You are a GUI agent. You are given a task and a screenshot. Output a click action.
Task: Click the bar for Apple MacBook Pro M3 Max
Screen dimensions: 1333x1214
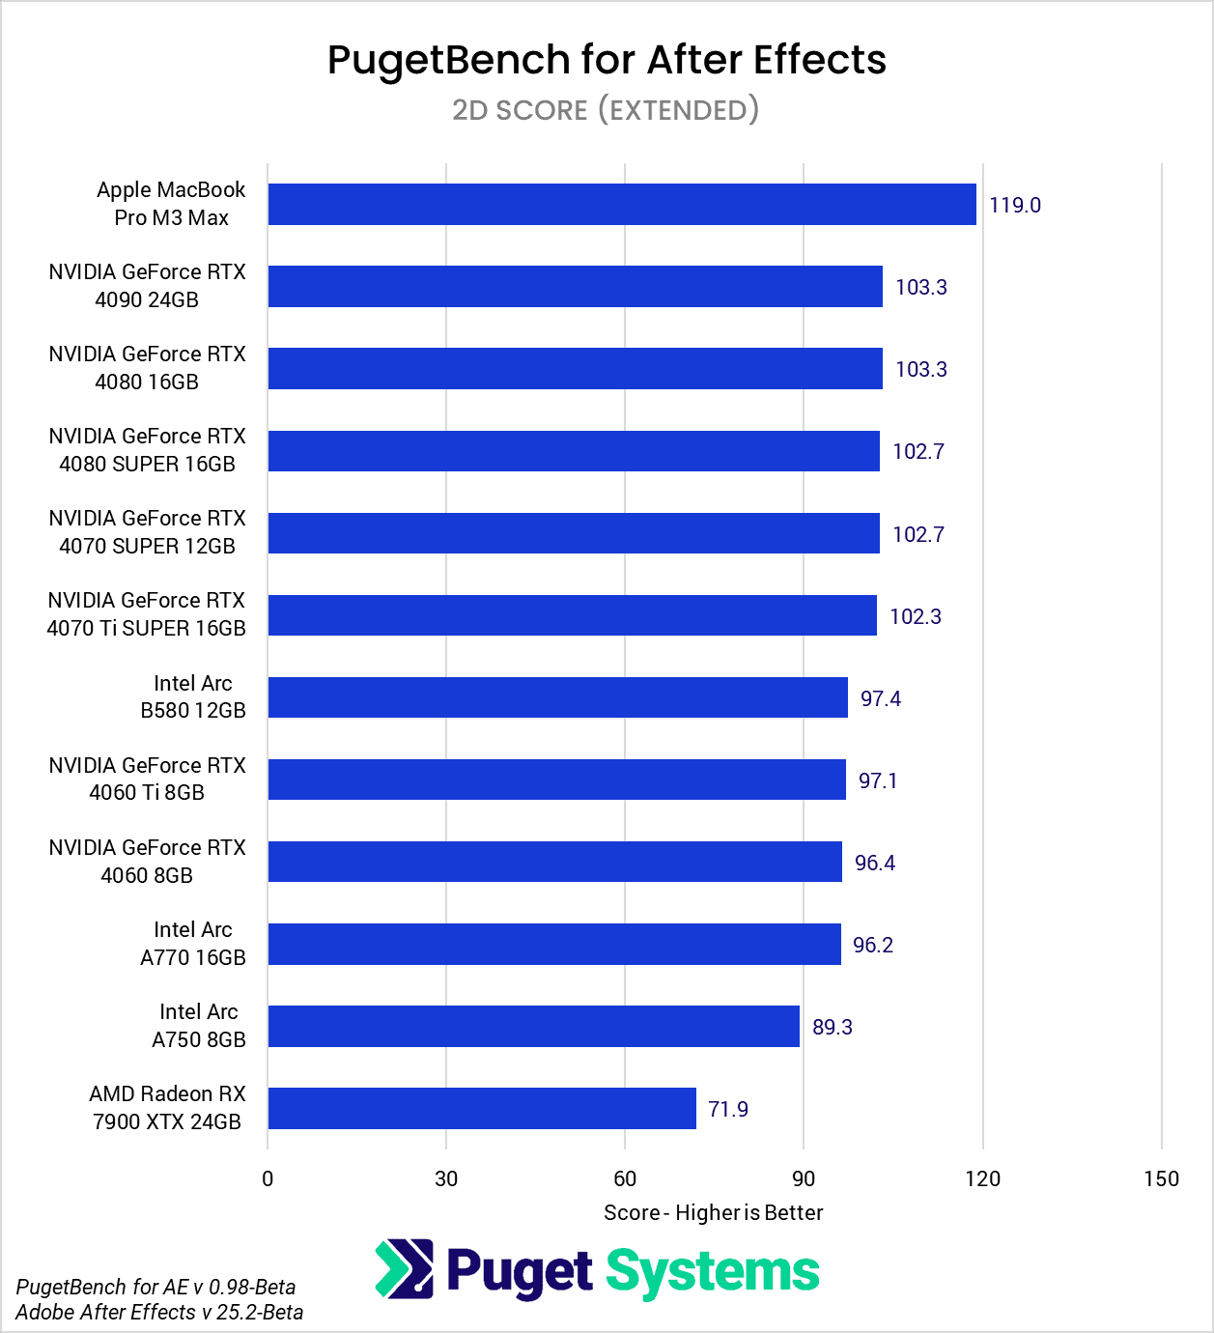tap(622, 205)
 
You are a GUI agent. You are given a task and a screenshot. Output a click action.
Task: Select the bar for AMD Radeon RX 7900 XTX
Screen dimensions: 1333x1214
tap(482, 1108)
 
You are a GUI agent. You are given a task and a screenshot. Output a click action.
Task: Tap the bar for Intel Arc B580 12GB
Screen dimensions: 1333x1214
tap(557, 697)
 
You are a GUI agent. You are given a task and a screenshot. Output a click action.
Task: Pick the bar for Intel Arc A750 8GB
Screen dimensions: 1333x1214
tap(533, 1026)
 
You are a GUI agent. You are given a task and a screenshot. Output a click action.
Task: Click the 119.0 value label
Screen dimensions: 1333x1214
tap(1014, 205)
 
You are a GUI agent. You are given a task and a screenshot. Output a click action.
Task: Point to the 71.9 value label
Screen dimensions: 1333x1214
tap(727, 1109)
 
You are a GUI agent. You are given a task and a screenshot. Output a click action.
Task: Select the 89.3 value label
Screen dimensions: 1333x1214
tap(832, 1027)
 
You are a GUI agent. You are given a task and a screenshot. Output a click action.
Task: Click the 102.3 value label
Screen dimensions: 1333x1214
tap(915, 616)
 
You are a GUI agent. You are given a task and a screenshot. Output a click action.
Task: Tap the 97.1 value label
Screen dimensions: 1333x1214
tap(877, 780)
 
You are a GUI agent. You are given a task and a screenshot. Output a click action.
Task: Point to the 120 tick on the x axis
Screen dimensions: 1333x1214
tap(982, 1178)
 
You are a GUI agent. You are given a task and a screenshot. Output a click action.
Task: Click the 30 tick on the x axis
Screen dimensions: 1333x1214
tap(446, 1178)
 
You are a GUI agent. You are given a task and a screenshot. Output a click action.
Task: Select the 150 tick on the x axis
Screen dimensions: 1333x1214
tap(1161, 1178)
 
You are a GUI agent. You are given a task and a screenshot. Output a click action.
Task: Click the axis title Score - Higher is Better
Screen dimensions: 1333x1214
tap(713, 1212)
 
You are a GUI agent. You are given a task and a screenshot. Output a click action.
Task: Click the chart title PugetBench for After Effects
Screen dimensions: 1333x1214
tap(607, 60)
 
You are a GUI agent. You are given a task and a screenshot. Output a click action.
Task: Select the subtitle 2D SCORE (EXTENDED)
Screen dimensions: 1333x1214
tap(606, 110)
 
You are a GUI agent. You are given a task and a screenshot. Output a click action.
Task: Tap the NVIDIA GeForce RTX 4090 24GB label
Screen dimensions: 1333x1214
tap(147, 286)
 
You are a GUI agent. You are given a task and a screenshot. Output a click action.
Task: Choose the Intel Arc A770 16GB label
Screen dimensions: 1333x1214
tap(193, 944)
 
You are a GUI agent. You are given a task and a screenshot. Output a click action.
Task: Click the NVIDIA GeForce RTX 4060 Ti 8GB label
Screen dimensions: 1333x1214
tap(147, 779)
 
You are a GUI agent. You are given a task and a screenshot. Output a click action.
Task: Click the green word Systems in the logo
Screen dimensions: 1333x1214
tap(712, 1272)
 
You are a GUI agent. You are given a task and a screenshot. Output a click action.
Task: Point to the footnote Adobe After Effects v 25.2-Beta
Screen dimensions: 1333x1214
tap(159, 1312)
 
